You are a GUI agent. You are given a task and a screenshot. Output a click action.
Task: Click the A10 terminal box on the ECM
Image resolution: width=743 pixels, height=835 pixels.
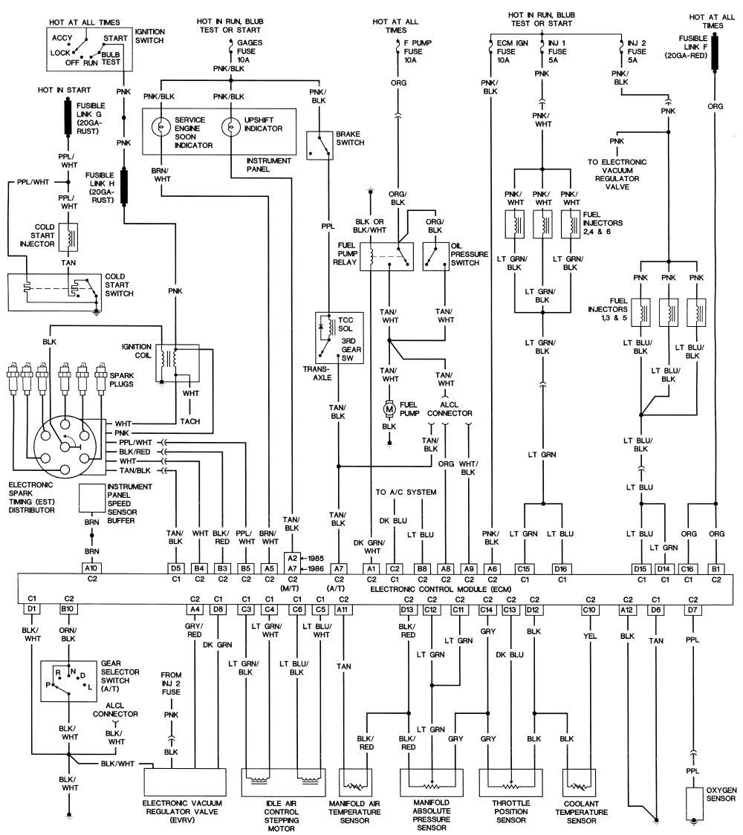(x=91, y=569)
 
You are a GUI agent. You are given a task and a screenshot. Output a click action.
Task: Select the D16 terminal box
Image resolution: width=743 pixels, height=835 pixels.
(x=560, y=569)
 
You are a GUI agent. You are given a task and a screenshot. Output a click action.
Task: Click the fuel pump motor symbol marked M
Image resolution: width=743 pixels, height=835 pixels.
(x=389, y=409)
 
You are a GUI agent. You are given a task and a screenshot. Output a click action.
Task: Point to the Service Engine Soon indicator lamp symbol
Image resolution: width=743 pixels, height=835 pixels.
(x=160, y=128)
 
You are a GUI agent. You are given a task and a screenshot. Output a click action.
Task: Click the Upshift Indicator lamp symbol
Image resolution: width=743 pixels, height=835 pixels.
(x=230, y=128)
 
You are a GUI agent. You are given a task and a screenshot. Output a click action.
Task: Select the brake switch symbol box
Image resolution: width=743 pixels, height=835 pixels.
(x=320, y=146)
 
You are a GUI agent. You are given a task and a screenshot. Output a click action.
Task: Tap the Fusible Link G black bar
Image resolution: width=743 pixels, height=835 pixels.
(x=68, y=117)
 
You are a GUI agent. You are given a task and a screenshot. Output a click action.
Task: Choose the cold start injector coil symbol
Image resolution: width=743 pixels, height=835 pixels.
(x=68, y=237)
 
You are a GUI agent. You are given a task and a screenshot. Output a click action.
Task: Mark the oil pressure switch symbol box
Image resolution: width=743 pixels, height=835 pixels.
(x=435, y=257)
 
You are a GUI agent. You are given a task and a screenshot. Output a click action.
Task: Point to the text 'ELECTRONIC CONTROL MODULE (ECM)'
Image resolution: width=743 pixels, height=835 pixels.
(x=441, y=589)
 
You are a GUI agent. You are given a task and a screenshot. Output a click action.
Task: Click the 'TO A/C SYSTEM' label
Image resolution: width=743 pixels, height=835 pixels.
(x=406, y=492)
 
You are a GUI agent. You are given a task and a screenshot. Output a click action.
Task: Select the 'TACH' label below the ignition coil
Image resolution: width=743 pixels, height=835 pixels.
(x=189, y=421)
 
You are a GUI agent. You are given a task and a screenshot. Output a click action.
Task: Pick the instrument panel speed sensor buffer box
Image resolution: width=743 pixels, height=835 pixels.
(x=91, y=498)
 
